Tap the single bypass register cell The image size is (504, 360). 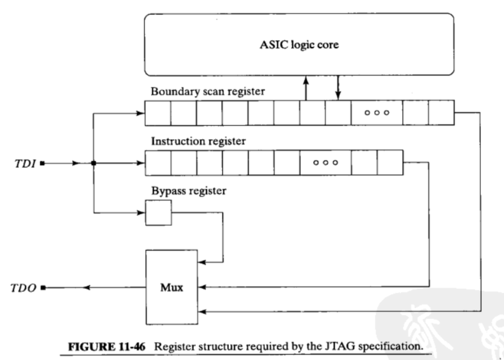(158, 213)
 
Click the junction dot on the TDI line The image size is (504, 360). (94, 163)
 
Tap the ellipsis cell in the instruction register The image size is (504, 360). (325, 163)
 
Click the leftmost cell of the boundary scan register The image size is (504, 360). (158, 113)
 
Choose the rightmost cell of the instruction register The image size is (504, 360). (390, 163)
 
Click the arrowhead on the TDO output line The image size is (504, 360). (86, 288)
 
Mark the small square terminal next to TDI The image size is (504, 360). (42, 164)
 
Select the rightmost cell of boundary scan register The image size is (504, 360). (441, 113)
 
